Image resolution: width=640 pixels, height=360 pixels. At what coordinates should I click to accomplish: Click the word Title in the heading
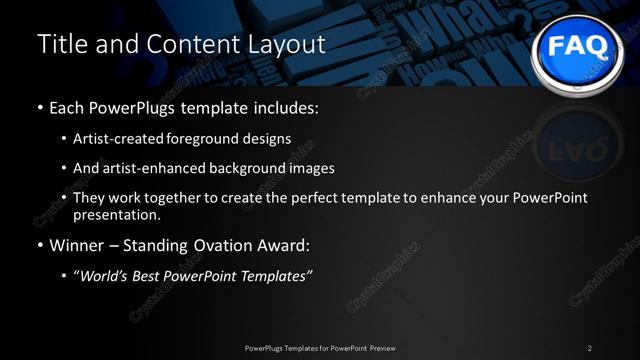[61, 44]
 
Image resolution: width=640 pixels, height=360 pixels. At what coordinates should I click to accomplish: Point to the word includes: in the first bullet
[290, 107]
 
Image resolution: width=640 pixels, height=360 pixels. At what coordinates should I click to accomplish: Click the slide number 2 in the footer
[589, 348]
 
